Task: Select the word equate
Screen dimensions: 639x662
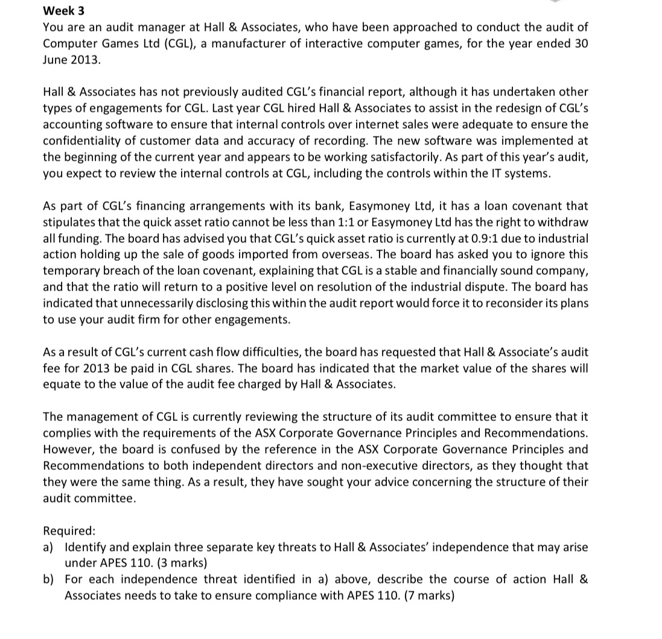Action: click(x=61, y=385)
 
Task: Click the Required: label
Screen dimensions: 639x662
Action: click(x=69, y=531)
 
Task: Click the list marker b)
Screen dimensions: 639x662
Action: click(x=49, y=580)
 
